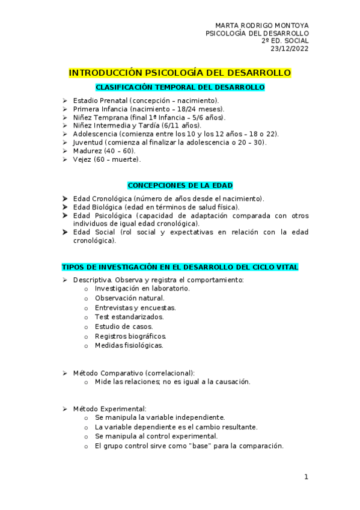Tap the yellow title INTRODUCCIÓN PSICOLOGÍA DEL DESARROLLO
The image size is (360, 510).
(x=180, y=73)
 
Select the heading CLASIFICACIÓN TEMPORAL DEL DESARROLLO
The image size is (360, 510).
(x=180, y=87)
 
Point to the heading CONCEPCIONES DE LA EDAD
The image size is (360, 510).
(x=180, y=185)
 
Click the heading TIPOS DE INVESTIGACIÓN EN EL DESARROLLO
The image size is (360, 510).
(x=180, y=267)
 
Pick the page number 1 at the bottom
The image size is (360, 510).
(x=306, y=477)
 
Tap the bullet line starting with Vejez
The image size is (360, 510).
(x=106, y=159)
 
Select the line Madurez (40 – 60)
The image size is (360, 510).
(x=104, y=151)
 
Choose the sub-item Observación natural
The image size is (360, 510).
(x=129, y=298)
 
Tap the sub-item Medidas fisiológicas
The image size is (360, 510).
(x=129, y=346)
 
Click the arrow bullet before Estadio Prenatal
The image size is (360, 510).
(x=65, y=100)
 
